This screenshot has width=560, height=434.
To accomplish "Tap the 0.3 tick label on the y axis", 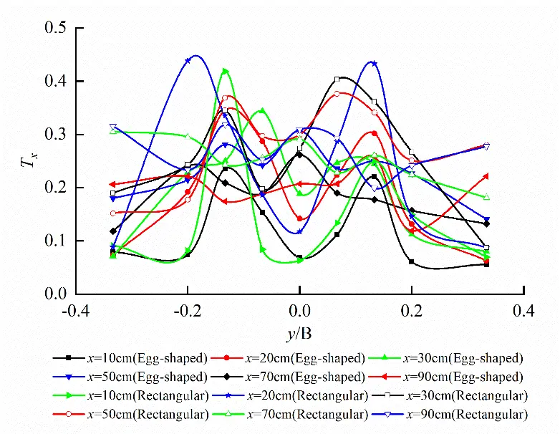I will point(55,135).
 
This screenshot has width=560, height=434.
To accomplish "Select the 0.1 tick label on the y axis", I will point(55,241).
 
